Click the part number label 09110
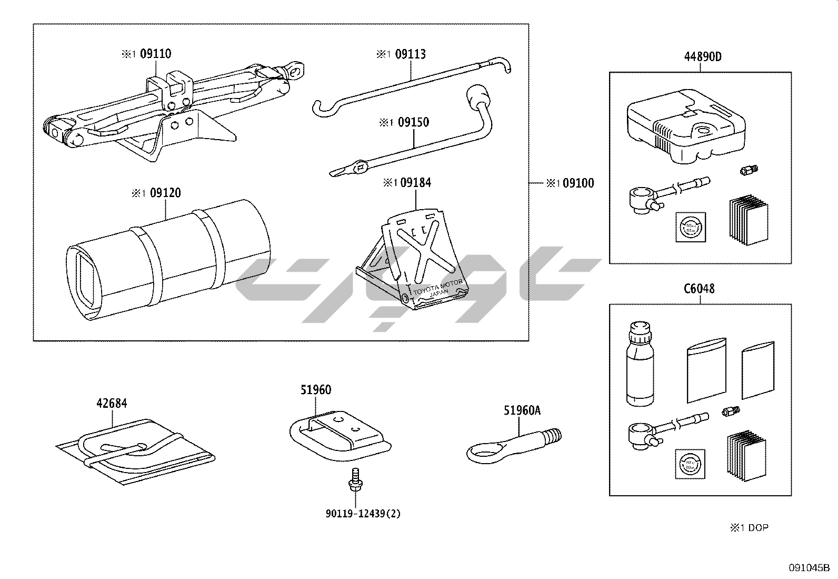tap(155, 54)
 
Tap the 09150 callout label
tap(413, 122)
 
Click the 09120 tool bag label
tap(165, 193)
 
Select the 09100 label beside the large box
tap(578, 183)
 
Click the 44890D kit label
tap(703, 57)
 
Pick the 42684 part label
tap(112, 404)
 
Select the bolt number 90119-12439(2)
tap(363, 514)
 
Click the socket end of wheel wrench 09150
tap(478, 96)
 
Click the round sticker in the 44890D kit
tap(691, 227)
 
